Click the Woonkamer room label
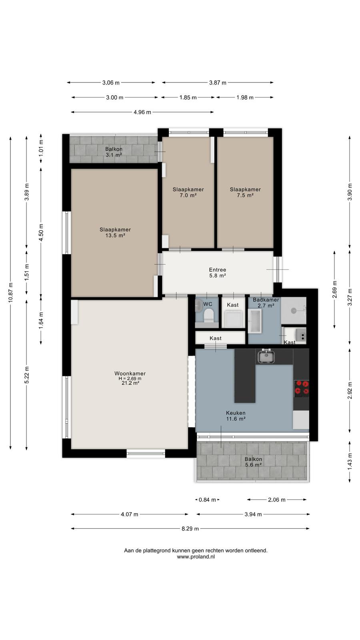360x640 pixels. pos(130,374)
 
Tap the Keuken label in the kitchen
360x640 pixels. pos(236,413)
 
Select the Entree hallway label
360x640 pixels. pos(218,270)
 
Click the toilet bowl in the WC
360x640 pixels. pos(209,316)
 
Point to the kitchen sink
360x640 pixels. pos(266,356)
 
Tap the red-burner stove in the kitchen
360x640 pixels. pos(302,388)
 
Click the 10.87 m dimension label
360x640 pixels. pos(10,292)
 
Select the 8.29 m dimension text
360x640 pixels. pos(190,528)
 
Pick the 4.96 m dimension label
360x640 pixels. pos(142,112)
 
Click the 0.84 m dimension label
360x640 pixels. pos(207,500)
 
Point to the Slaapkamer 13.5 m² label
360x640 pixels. pos(115,232)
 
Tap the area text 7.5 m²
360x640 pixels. pos(245,196)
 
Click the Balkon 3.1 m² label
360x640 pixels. pos(114,152)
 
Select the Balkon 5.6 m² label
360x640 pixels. pos(253,462)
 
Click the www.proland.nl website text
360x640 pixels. pos(196,556)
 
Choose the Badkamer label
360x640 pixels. pos(266,300)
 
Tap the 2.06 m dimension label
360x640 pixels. pos(276,500)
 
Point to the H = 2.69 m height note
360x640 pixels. pos(130,378)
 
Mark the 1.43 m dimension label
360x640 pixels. pos(350,461)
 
